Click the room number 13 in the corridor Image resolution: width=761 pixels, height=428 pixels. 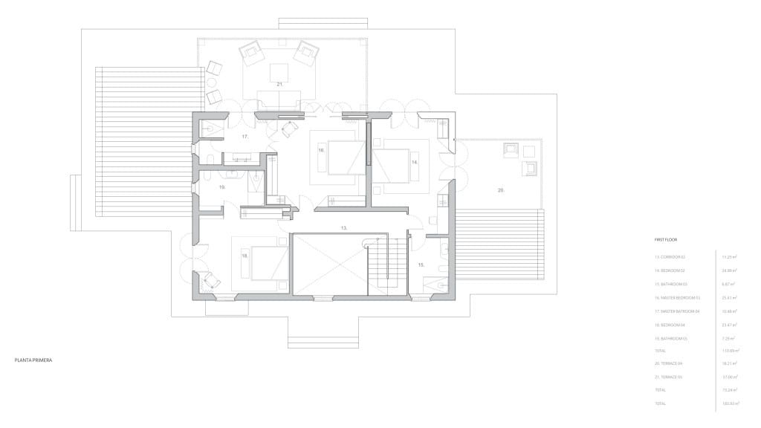click(344, 227)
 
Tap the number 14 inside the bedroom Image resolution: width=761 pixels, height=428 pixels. click(415, 161)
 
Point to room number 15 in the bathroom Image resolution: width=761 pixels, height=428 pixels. click(421, 265)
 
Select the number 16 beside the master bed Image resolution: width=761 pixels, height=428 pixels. click(321, 150)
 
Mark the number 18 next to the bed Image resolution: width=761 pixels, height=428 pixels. click(245, 255)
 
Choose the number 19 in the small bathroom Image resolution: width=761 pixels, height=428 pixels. click(221, 188)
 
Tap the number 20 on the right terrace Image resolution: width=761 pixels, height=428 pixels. click(501, 190)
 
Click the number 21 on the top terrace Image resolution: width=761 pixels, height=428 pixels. click(280, 85)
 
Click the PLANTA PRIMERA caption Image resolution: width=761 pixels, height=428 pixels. click(33, 360)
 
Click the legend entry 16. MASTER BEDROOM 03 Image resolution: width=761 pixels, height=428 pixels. click(678, 297)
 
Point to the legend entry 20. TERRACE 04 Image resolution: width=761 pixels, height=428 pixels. click(670, 364)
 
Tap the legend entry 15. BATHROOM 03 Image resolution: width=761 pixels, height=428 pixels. click(671, 284)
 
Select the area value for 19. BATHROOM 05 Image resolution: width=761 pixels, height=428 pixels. click(728, 337)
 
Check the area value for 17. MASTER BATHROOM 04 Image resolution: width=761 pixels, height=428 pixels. click(728, 311)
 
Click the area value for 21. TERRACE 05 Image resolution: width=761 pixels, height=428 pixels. click(728, 377)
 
